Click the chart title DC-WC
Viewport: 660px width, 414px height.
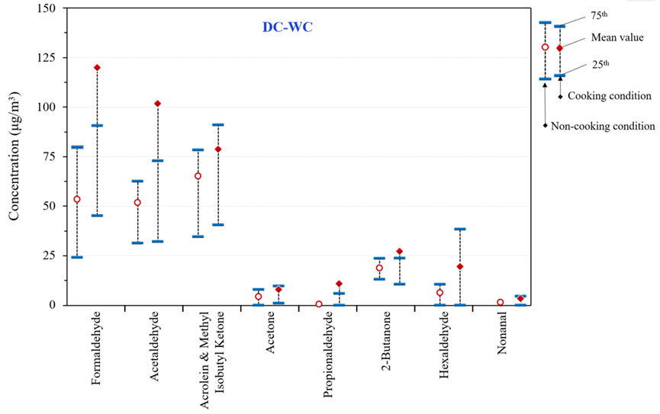pos(283,27)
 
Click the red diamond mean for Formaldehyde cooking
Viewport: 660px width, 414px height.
pos(97,67)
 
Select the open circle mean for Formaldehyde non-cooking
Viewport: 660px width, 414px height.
pos(77,199)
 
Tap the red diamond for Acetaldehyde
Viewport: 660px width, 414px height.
pos(157,103)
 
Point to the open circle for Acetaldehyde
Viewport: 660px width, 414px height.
pos(137,203)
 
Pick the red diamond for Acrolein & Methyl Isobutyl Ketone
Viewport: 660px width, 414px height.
pos(217,149)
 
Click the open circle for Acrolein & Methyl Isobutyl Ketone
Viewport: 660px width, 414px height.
pos(198,176)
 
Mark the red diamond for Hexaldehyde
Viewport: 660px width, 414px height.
pos(459,266)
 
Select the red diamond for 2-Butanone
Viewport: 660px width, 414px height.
pos(399,251)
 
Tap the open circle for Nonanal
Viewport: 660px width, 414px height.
pos(500,302)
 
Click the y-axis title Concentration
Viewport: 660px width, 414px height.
pos(14,156)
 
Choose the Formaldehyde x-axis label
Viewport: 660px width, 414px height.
pos(96,358)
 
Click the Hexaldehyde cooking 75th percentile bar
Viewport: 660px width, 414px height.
pos(459,229)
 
